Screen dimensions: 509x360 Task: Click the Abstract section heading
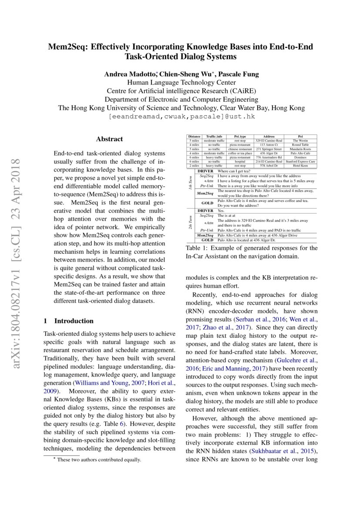coord(109,139)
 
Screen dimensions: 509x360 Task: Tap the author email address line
coord(182,117)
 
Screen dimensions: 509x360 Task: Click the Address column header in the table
coord(263,137)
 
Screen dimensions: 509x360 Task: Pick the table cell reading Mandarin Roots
coord(300,149)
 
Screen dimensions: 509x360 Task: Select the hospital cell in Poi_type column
coord(240,162)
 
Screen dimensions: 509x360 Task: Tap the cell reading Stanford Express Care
coord(300,162)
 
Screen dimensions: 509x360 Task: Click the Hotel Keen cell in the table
coord(300,165)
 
